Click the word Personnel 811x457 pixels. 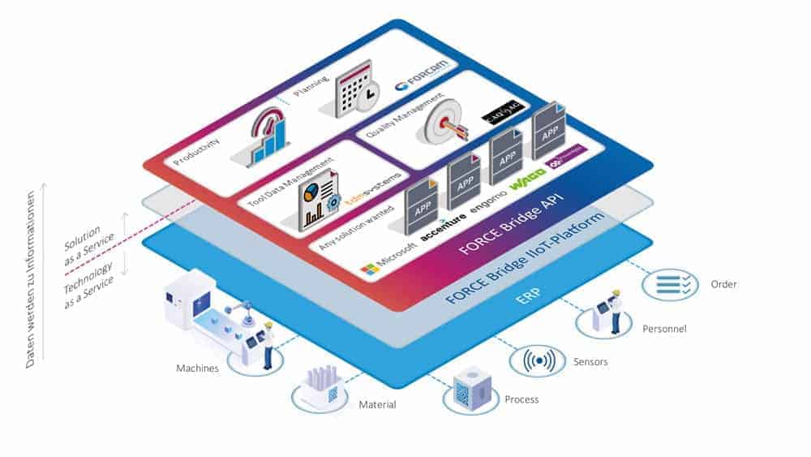[x=664, y=329]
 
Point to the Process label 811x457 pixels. [x=521, y=399]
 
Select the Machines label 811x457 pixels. [x=198, y=369]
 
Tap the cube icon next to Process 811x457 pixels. [x=468, y=388]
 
